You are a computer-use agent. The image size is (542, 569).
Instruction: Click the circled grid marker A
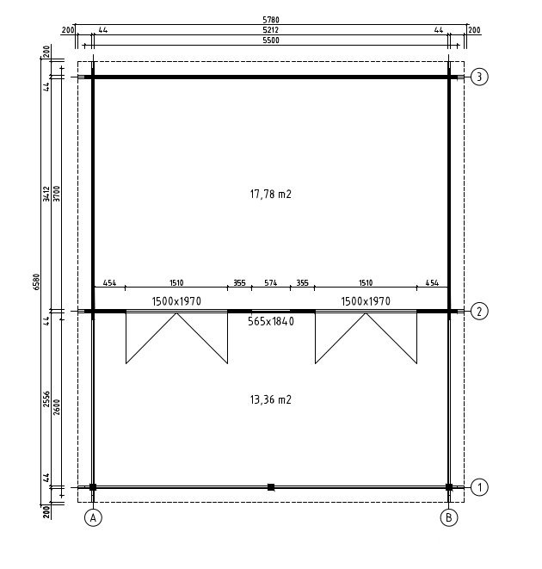point(93,518)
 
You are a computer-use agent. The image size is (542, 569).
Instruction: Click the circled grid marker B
point(449,518)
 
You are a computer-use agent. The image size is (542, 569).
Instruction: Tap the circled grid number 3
point(479,77)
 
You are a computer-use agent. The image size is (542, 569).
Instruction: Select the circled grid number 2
point(479,312)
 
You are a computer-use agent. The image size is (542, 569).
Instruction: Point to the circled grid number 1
point(479,487)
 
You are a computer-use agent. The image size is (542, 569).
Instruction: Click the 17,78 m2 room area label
point(271,195)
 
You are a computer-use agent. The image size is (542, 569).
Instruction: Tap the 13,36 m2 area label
point(271,399)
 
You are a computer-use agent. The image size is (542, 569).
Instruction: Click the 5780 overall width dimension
point(271,20)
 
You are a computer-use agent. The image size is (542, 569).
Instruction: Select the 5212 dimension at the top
point(271,30)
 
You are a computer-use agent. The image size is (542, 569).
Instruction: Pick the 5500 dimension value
point(271,40)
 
